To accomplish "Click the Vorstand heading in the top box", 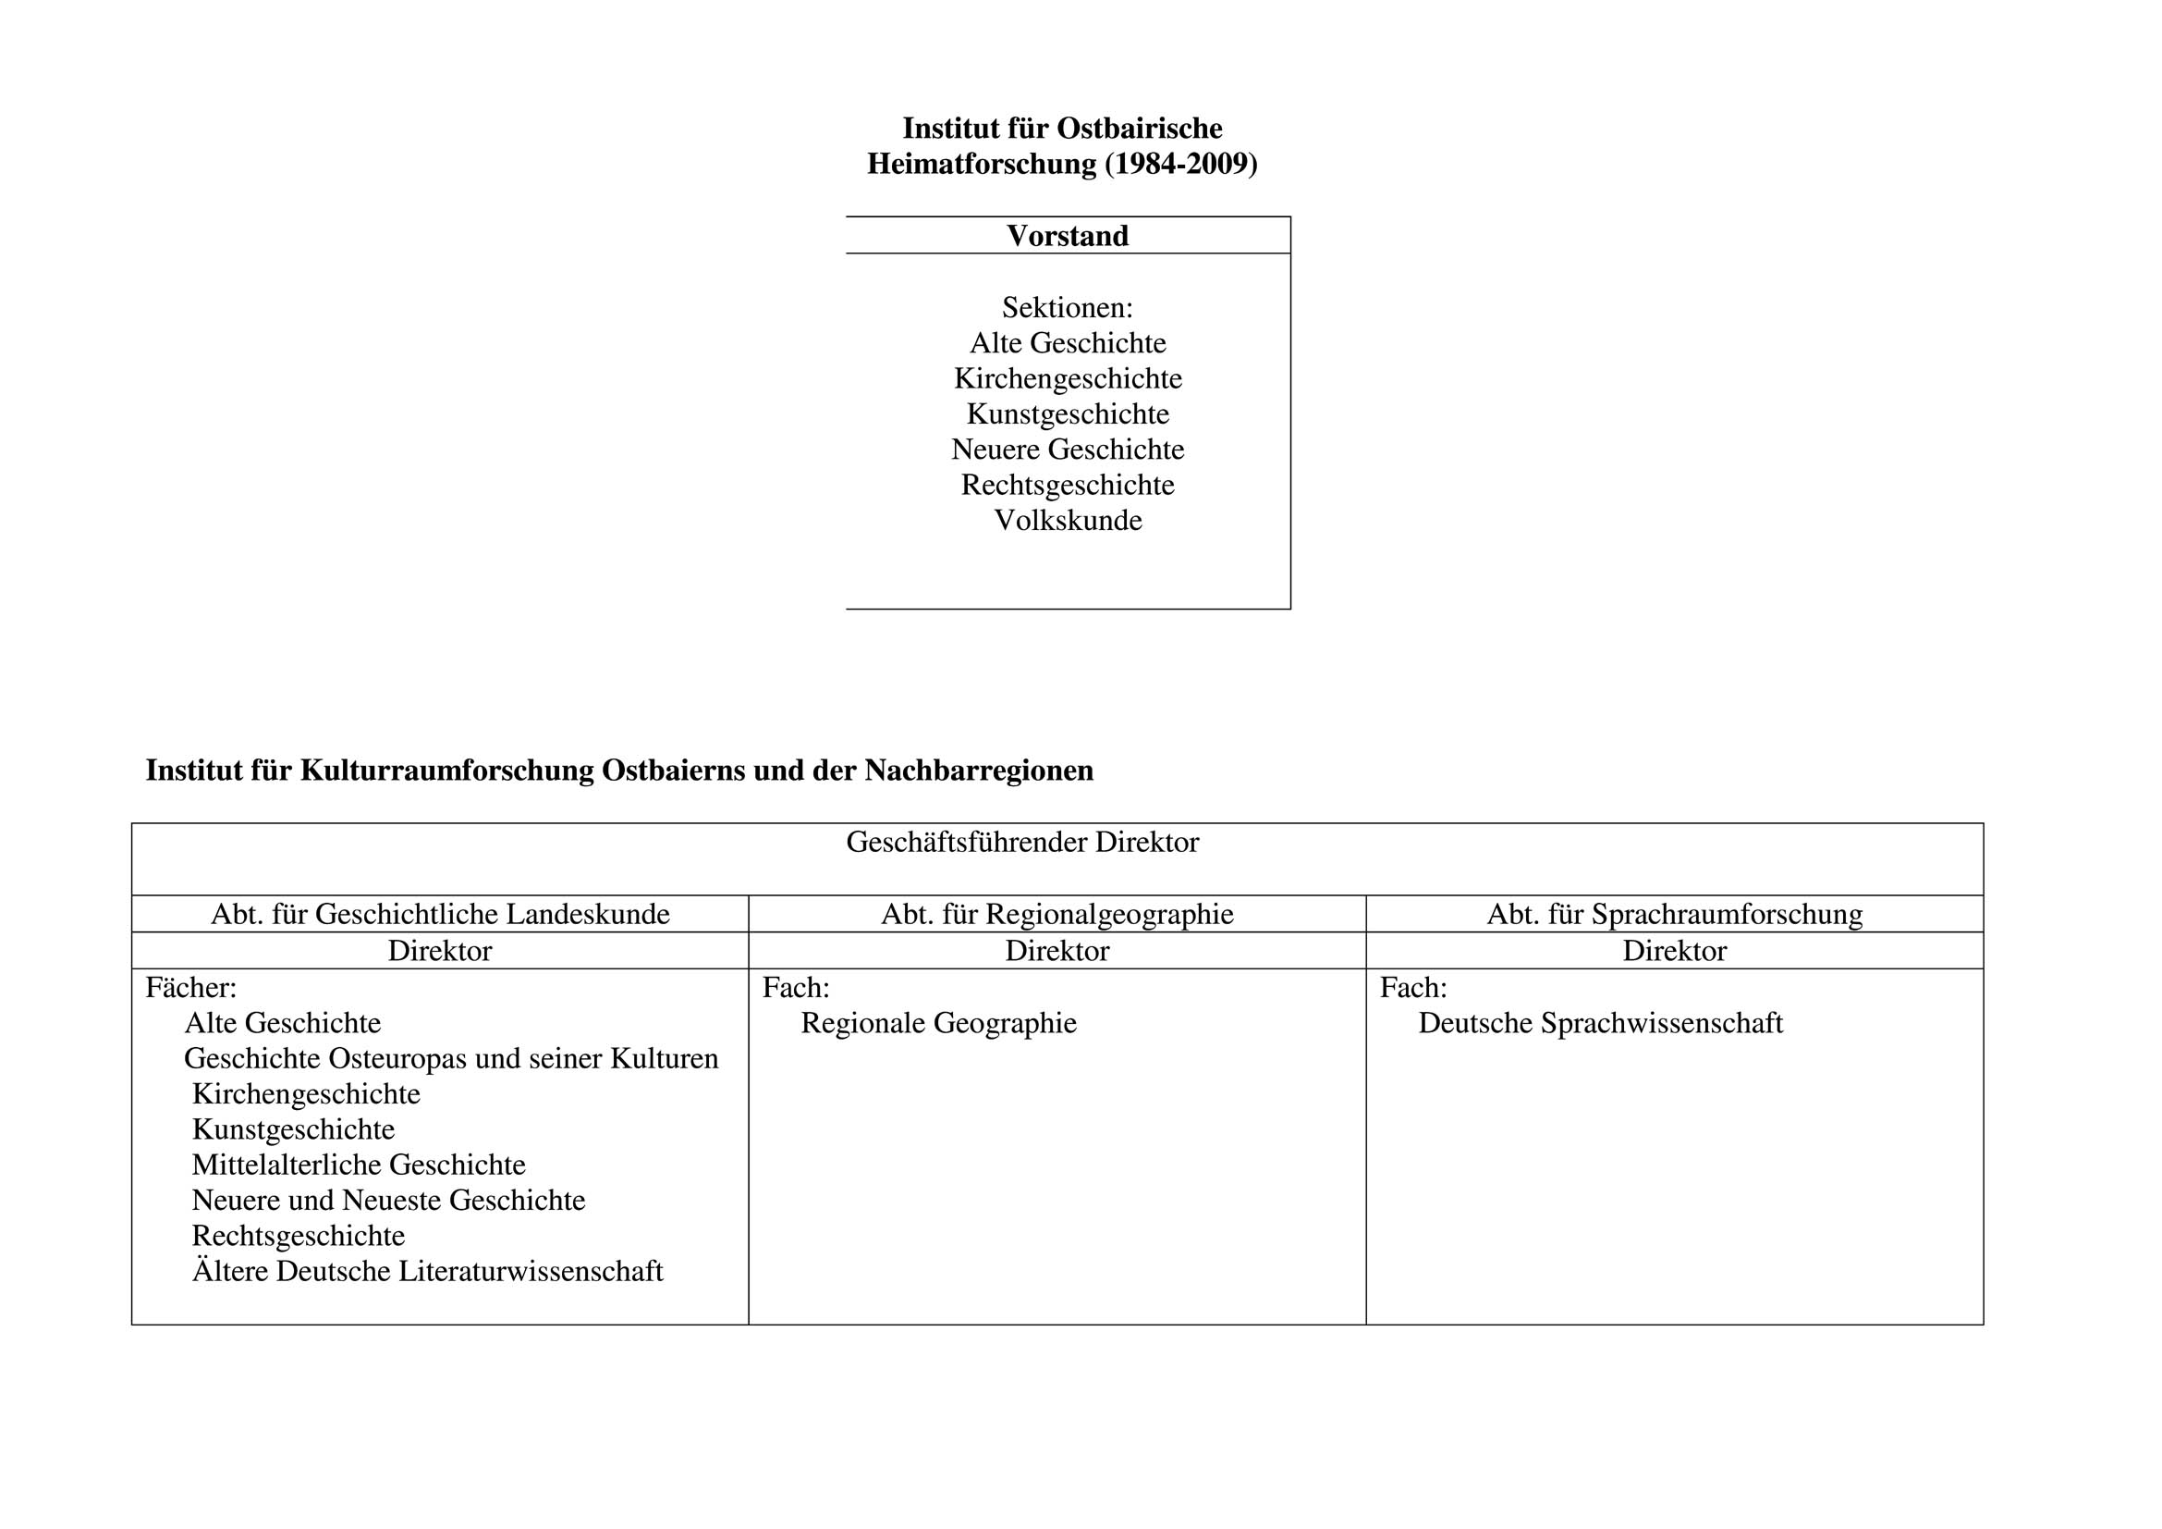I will coord(1067,236).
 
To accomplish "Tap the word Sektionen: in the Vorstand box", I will coord(1067,307).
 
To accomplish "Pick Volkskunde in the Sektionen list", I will coord(1068,520).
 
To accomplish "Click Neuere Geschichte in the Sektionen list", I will coord(1067,450).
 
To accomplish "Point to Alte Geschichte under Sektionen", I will coord(1067,343).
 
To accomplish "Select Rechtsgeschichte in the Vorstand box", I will coord(1067,486).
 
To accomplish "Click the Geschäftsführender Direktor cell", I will coord(1021,843).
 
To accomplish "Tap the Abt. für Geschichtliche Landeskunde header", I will coord(440,914).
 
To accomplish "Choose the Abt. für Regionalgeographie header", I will coord(1057,914).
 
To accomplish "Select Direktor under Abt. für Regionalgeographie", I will coord(1057,951).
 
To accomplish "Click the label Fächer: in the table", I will coord(191,987).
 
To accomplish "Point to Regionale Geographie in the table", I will coord(938,1023).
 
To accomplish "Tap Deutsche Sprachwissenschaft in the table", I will coord(1600,1023).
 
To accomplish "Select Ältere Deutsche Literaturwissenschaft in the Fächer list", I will coord(428,1272).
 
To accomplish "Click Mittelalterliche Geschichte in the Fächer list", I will coord(359,1165).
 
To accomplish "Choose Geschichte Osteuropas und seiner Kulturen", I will coord(451,1059).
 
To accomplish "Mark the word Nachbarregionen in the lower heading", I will coord(978,771).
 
